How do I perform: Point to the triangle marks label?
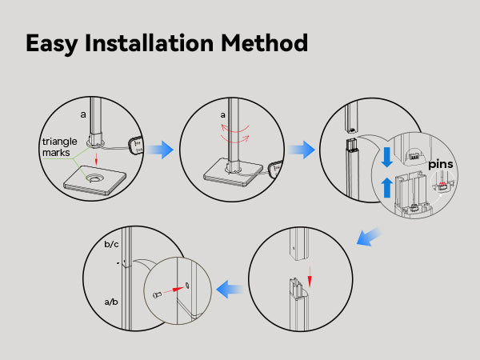(60, 147)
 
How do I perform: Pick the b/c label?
(111, 244)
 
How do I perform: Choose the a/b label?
(112, 302)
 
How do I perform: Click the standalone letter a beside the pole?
(82, 114)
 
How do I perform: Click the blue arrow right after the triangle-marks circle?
(162, 148)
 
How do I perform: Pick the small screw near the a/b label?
(156, 294)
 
